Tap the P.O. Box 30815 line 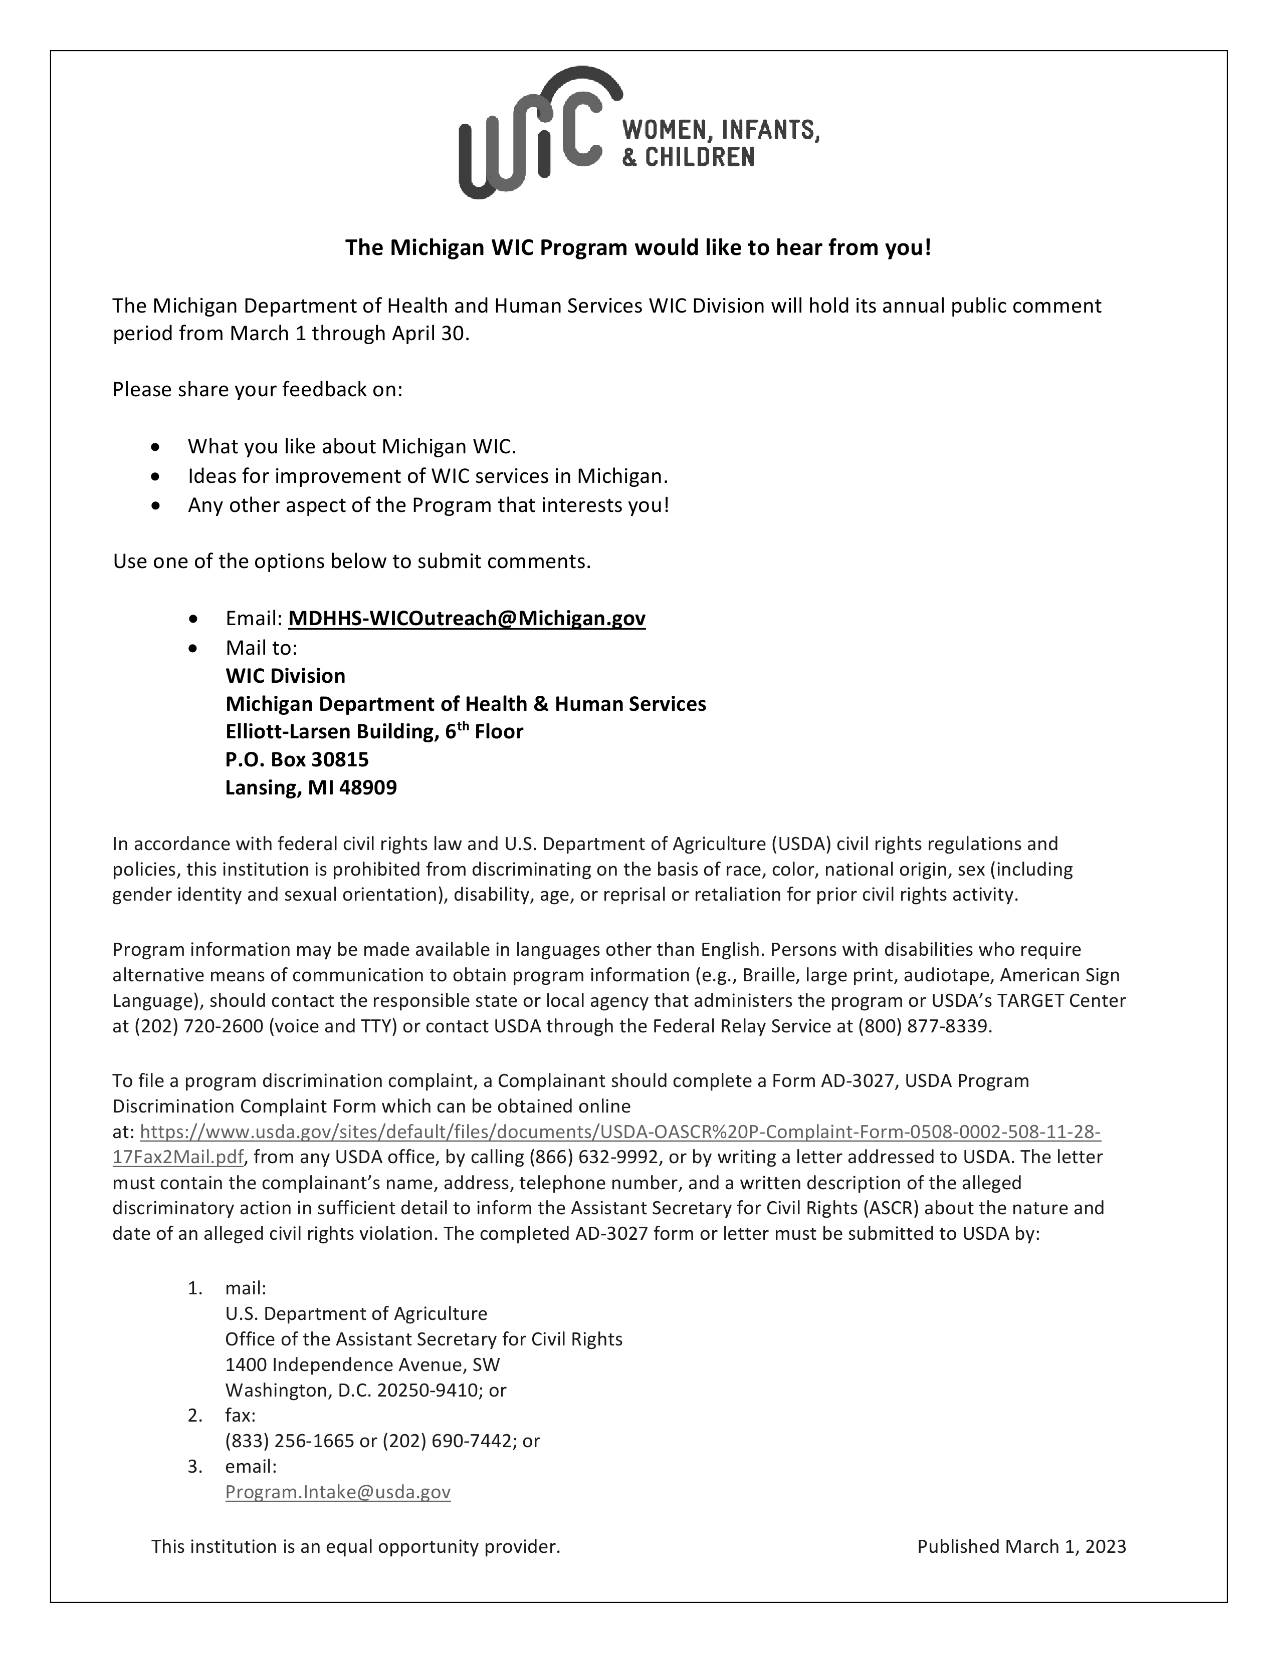tap(297, 759)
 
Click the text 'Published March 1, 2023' tap(1021, 1546)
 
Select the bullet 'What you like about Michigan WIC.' tap(352, 446)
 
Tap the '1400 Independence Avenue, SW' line tap(363, 1364)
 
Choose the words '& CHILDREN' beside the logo tap(688, 157)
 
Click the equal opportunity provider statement tap(356, 1546)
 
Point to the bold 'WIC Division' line tap(286, 676)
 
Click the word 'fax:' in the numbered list tap(240, 1416)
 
